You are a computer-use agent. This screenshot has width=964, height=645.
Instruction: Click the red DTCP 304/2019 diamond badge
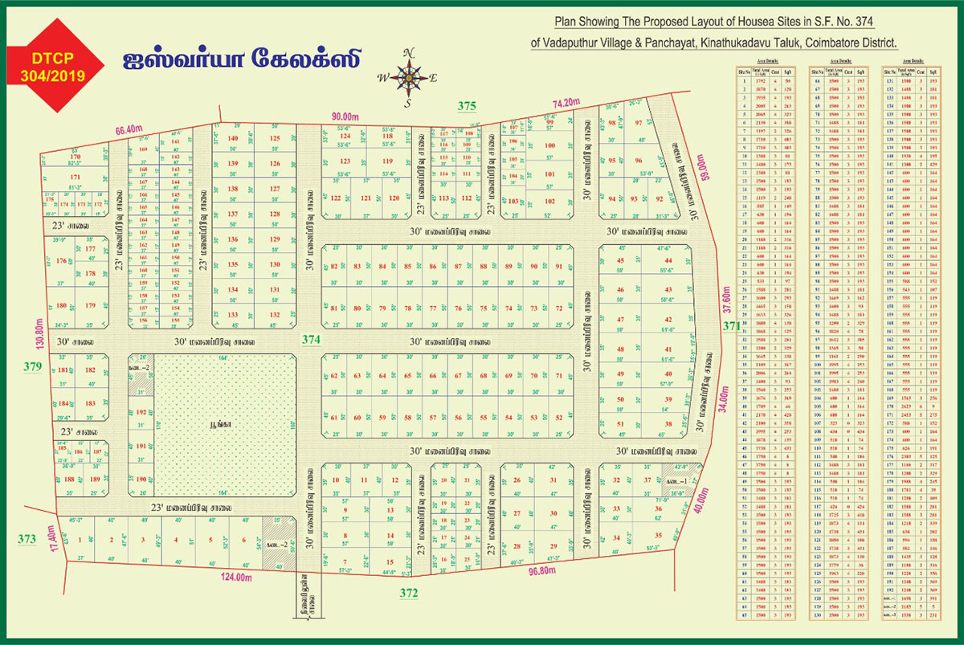[x=56, y=67]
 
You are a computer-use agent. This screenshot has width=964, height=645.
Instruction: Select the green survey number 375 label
[x=467, y=106]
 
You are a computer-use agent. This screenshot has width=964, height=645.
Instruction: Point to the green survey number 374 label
[x=311, y=340]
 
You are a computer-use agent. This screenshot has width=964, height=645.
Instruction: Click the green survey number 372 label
[x=410, y=593]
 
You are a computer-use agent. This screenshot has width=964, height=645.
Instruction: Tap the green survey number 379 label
[x=32, y=367]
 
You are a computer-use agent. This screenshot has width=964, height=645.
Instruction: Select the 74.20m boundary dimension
[x=566, y=103]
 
